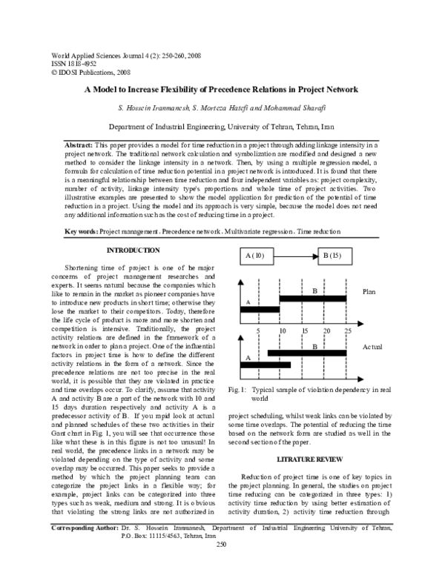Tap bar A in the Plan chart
260,309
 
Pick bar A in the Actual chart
266,365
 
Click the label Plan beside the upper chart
370,292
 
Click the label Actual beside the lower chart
373,347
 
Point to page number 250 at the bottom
220,566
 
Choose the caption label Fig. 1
239,389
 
